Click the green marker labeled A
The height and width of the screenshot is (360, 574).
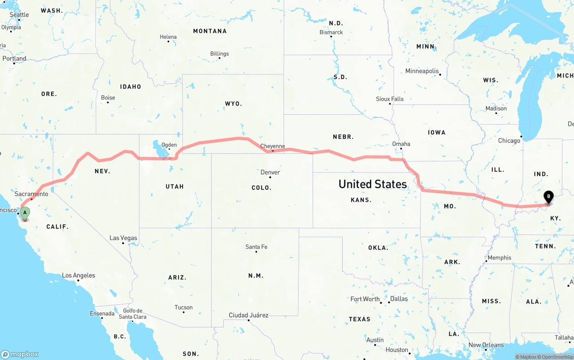pyautogui.click(x=25, y=213)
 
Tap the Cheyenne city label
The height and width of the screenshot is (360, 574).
pyautogui.click(x=273, y=146)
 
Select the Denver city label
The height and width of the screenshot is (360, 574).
pyautogui.click(x=270, y=172)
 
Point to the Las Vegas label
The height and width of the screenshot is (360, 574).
pyautogui.click(x=123, y=238)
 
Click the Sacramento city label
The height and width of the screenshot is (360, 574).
pyautogui.click(x=31, y=194)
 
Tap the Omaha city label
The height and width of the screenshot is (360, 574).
pyautogui.click(x=401, y=144)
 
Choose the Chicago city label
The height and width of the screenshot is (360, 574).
pyautogui.click(x=509, y=141)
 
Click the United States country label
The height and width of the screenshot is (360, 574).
pyautogui.click(x=373, y=184)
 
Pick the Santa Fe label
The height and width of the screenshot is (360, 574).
pyautogui.click(x=256, y=247)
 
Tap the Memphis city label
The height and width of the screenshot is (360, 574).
pyautogui.click(x=499, y=258)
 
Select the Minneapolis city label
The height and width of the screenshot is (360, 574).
pyautogui.click(x=422, y=71)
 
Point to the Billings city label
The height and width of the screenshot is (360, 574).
pyautogui.click(x=219, y=54)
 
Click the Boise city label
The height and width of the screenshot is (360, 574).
pyautogui.click(x=108, y=98)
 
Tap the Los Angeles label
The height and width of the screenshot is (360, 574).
pyautogui.click(x=78, y=275)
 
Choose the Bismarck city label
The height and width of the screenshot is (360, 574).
pyautogui.click(x=331, y=32)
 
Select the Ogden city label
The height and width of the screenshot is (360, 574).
pyautogui.click(x=169, y=145)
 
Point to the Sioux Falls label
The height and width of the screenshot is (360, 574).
pyautogui.click(x=390, y=99)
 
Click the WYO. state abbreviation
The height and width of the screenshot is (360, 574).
pyautogui.click(x=233, y=104)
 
